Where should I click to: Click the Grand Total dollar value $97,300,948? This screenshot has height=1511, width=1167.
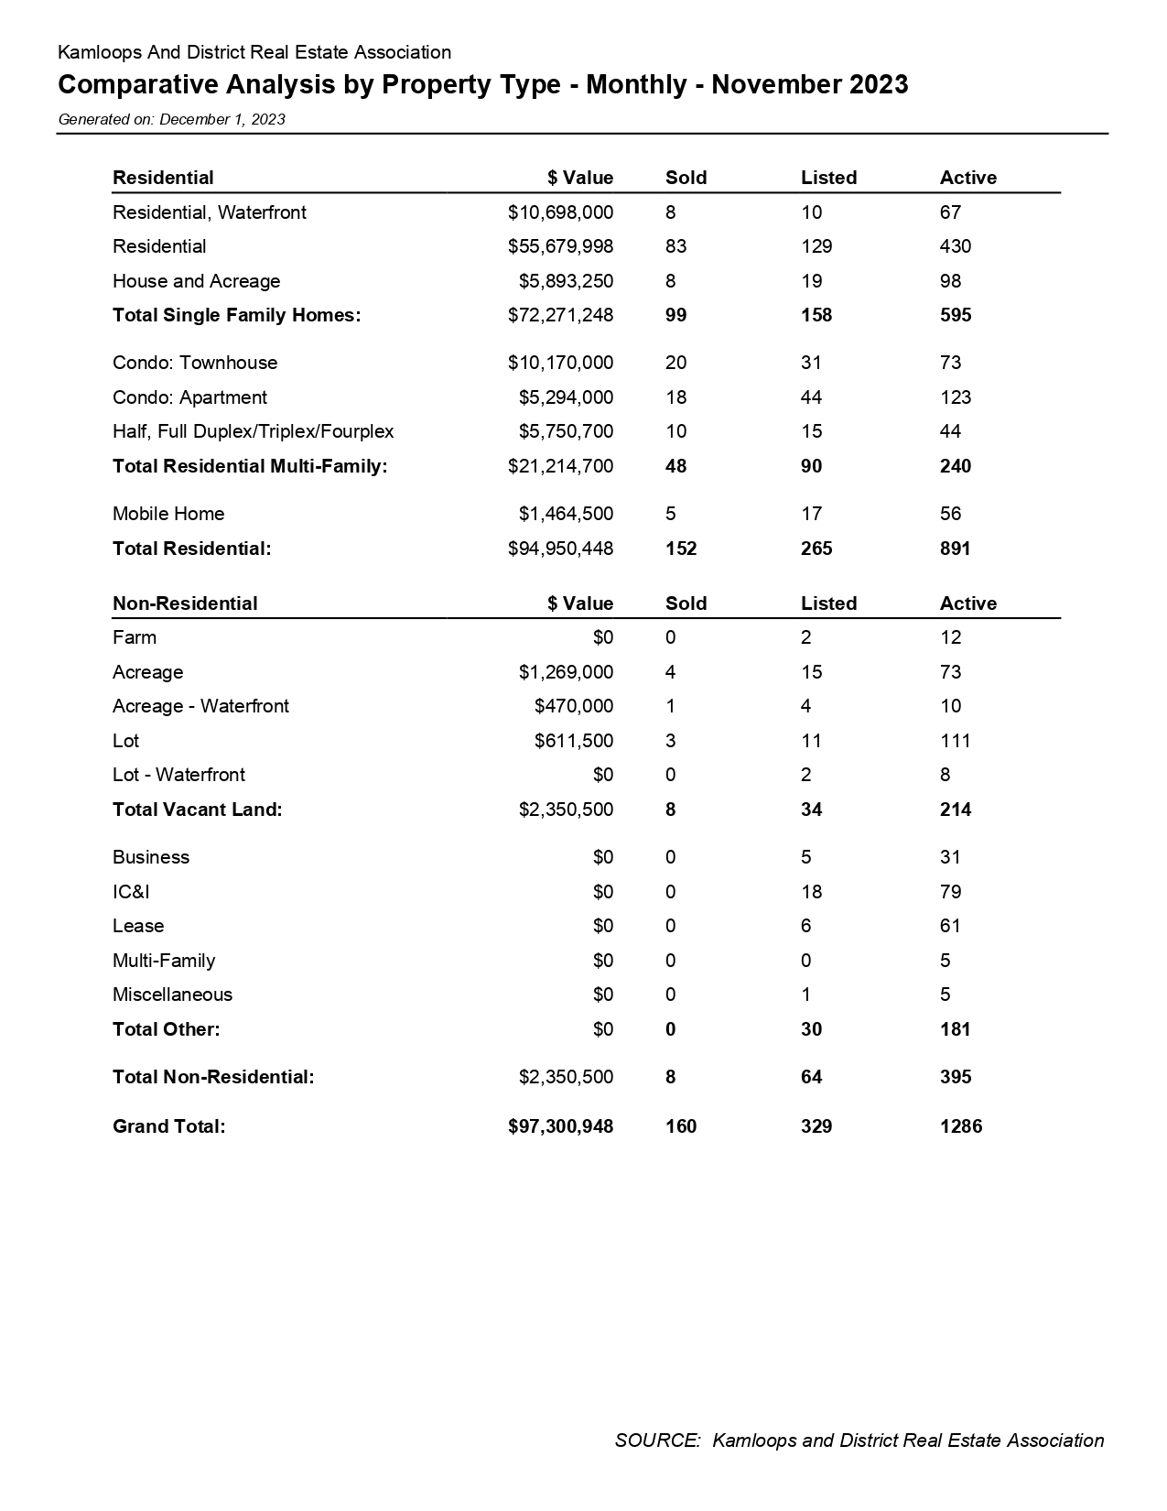tap(560, 1126)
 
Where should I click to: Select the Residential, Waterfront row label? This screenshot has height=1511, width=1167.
tap(209, 212)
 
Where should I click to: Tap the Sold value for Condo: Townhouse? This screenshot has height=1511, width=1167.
tap(675, 363)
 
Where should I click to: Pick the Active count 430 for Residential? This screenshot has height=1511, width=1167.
tap(955, 246)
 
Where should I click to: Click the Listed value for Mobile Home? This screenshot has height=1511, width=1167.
tap(811, 514)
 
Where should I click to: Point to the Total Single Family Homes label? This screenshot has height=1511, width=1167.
tap(236, 315)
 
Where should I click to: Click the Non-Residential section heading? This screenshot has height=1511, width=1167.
tap(185, 603)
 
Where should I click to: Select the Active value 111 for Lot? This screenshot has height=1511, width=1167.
tap(955, 741)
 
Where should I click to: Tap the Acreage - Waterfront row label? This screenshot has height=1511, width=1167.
tap(200, 706)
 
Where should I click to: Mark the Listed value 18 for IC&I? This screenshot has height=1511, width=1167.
tap(811, 892)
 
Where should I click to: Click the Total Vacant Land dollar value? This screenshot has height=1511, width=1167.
tap(566, 810)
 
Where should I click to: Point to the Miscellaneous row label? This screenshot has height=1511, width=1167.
tap(172, 995)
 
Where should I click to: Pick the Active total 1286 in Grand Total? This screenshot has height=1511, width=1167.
tap(960, 1126)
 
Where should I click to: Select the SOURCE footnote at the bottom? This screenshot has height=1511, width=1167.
tap(859, 1440)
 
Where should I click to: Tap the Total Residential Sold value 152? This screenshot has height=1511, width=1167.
tap(681, 549)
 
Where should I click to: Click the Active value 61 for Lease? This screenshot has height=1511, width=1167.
tap(950, 926)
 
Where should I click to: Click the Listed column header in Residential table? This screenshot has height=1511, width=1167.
tap(828, 178)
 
